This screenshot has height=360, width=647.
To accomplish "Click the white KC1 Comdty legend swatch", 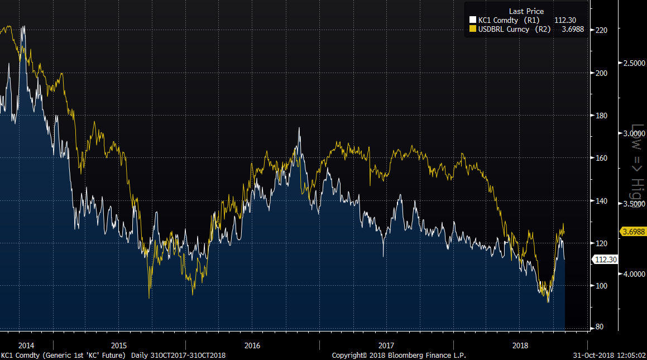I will [472, 21].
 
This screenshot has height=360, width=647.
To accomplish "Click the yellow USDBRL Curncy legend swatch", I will [472, 29].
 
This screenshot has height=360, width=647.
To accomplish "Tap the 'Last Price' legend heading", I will [526, 12].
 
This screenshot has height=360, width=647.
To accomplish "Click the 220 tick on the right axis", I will [602, 30].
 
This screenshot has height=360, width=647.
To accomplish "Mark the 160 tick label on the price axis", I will [602, 158].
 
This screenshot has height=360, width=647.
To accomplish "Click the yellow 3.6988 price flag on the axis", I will [632, 231].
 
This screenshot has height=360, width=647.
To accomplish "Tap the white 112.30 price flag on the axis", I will [606, 260].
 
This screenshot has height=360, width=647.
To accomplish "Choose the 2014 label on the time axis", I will [26, 345].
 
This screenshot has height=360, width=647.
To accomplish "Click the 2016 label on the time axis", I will [252, 345].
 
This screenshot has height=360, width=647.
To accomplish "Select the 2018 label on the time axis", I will [520, 345].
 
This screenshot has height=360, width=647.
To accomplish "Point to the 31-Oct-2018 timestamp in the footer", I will [609, 356].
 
